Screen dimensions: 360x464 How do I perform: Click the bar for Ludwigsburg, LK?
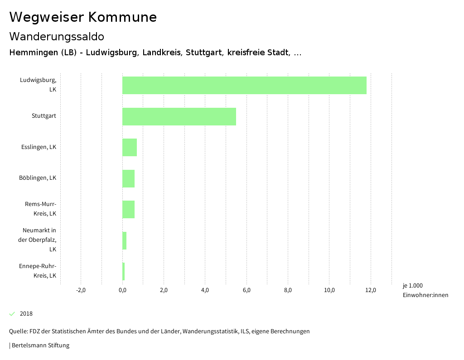pos(244,85)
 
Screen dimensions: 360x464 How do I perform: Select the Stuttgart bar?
pos(179,116)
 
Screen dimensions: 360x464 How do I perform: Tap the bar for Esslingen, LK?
pos(130,147)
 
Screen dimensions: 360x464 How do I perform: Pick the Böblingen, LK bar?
pos(128,178)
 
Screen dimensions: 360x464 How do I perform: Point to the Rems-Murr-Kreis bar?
pos(128,209)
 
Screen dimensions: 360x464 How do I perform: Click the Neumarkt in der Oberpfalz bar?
pos(124,240)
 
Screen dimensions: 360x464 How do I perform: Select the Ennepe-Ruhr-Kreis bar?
pos(123,271)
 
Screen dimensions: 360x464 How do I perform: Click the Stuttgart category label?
pos(44,116)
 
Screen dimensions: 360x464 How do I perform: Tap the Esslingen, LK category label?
pos(39,147)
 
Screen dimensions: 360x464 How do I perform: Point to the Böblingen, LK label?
pos(38,178)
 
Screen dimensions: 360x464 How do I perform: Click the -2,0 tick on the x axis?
pos(81,290)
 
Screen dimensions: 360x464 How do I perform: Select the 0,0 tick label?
pos(122,290)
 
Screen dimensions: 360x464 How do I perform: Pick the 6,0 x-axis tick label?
pos(246,290)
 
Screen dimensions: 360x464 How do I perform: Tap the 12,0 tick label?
pos(371,290)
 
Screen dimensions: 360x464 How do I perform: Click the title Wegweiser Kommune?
pos(83,17)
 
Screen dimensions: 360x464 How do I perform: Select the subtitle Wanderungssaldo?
pos(57,36)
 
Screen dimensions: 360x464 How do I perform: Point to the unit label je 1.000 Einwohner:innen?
pos(425,290)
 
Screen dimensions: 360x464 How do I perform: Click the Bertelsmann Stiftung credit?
pos(40,346)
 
